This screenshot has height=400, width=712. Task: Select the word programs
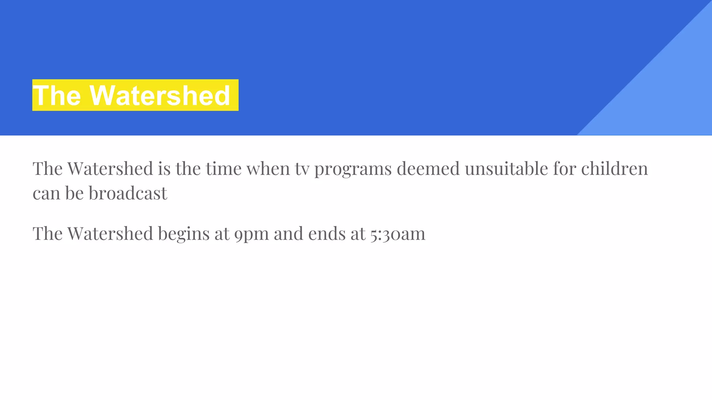(x=353, y=169)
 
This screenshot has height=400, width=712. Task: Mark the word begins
(x=184, y=234)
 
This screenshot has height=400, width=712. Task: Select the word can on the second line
(x=46, y=193)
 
